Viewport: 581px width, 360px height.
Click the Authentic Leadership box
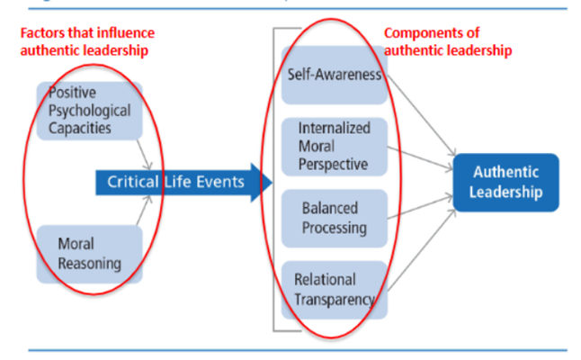[x=505, y=183]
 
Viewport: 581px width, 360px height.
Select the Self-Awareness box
[x=333, y=75]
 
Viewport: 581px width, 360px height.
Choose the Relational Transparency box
[x=333, y=288]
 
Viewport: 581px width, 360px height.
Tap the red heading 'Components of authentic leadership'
[x=448, y=42]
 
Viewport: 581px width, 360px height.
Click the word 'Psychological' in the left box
[x=89, y=111]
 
